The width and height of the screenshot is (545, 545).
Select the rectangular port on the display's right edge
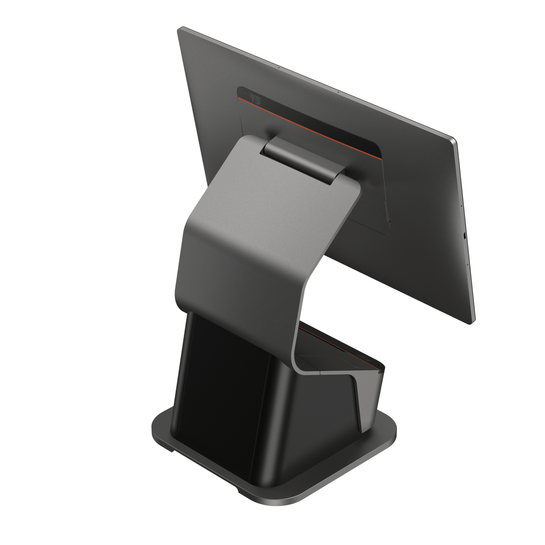pos(464,236)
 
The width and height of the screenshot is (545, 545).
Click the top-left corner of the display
pos(179,29)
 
